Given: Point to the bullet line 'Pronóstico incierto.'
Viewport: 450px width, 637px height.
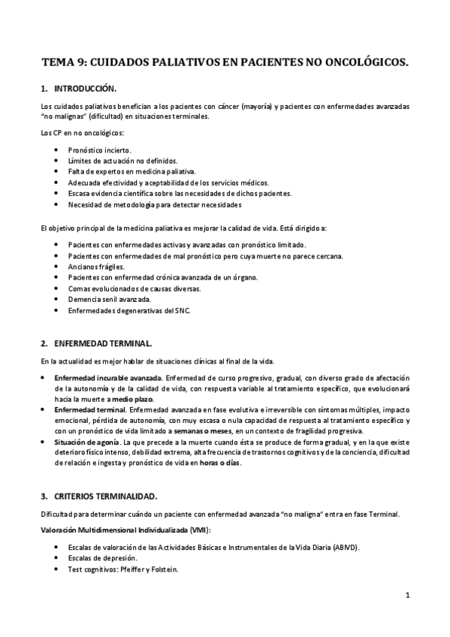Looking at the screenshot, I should click(99, 150).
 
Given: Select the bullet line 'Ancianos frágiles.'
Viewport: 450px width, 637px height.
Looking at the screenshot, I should click(96, 267).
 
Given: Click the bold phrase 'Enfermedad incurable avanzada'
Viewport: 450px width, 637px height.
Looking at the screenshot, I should click(108, 377).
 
